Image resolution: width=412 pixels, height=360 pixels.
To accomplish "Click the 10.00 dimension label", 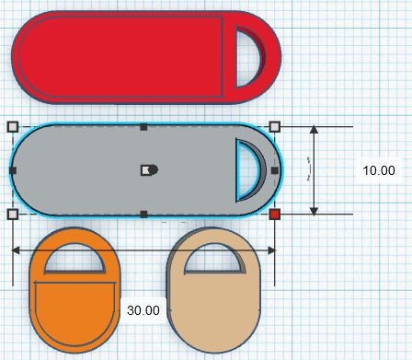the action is [x=378, y=170].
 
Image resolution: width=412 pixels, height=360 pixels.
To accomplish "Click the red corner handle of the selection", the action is [x=275, y=215].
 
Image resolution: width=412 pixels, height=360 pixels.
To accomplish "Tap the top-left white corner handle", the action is [x=13, y=126].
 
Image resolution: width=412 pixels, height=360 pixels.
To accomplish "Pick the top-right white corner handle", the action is [x=275, y=126].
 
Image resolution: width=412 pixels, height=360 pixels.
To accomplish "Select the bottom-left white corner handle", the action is [x=13, y=215].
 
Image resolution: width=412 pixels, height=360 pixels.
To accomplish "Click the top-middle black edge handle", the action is [x=143, y=126].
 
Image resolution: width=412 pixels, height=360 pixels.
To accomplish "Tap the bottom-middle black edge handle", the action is [x=143, y=215].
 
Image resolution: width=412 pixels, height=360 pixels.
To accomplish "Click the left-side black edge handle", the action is [x=13, y=170].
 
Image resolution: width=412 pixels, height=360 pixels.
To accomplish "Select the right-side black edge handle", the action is [x=275, y=170].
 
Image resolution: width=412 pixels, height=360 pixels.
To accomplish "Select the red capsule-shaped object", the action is [x=120, y=55].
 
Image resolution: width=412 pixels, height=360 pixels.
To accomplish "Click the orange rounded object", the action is [x=74, y=313].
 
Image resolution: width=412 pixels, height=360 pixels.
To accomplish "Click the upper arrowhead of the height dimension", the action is [x=315, y=131].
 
